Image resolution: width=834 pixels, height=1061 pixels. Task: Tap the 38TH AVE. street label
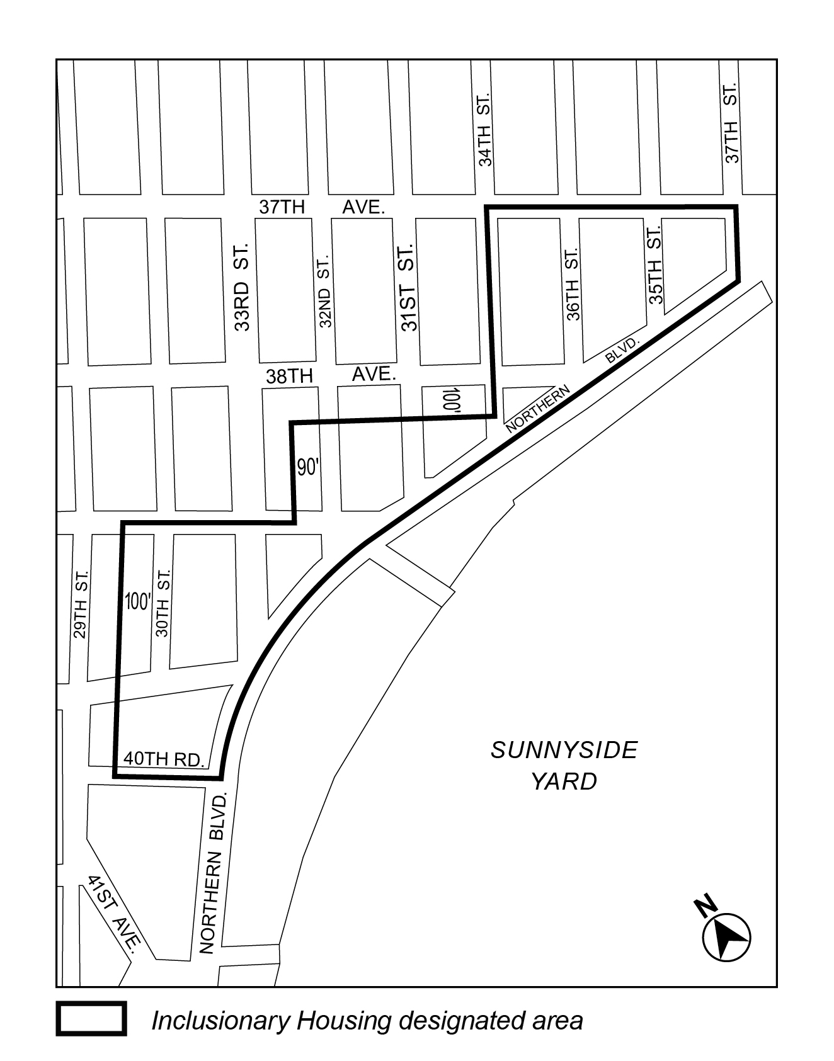coord(331,375)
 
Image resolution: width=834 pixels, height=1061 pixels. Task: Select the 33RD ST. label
coord(243,287)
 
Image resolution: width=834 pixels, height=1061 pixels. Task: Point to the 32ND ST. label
coord(325,291)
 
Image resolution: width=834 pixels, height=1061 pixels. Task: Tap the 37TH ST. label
coord(731,123)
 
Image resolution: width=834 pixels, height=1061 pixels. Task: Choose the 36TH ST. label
coord(573,284)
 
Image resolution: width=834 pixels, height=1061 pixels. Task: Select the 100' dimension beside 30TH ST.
coord(137,602)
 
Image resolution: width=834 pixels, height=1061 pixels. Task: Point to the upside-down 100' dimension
coord(451,400)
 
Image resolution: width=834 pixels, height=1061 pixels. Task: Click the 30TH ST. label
coord(163,603)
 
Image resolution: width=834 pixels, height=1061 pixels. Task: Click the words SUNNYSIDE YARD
coord(564,765)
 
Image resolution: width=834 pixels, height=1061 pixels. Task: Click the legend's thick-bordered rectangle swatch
coord(91,1019)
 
